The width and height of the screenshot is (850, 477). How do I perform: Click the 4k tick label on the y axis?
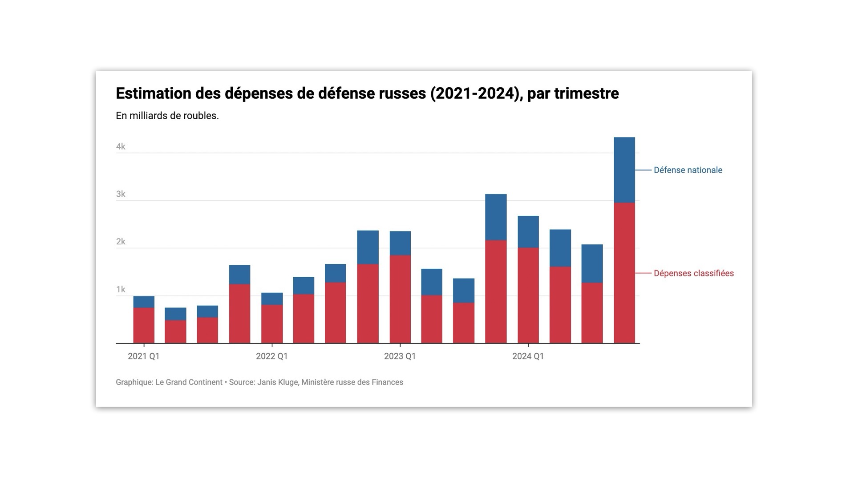pos(121,147)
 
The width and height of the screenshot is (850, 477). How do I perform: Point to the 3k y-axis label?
pos(121,194)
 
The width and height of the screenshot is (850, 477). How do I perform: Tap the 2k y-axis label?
pos(121,242)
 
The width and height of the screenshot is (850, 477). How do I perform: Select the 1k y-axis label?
pos(121,290)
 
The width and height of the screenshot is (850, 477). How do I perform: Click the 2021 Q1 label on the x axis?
pos(143,356)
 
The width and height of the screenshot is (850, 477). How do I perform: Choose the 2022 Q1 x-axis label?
pos(271,356)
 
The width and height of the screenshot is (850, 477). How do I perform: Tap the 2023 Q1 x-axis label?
pos(400,356)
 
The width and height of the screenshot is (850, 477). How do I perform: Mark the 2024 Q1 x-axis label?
pos(528,356)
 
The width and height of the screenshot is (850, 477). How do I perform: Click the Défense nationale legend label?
pos(688,170)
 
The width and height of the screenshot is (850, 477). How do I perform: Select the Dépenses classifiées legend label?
pos(693,274)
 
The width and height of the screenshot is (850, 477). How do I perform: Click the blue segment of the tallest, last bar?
pos(624,170)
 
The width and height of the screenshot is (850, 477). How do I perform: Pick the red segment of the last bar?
pos(624,273)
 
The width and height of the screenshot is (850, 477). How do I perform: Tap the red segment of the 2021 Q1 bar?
pos(144,325)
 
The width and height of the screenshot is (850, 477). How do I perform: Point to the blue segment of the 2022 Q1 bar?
pos(272,299)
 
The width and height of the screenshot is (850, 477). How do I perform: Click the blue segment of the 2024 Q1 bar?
pos(528,232)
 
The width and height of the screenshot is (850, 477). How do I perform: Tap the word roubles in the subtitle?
pos(202,116)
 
